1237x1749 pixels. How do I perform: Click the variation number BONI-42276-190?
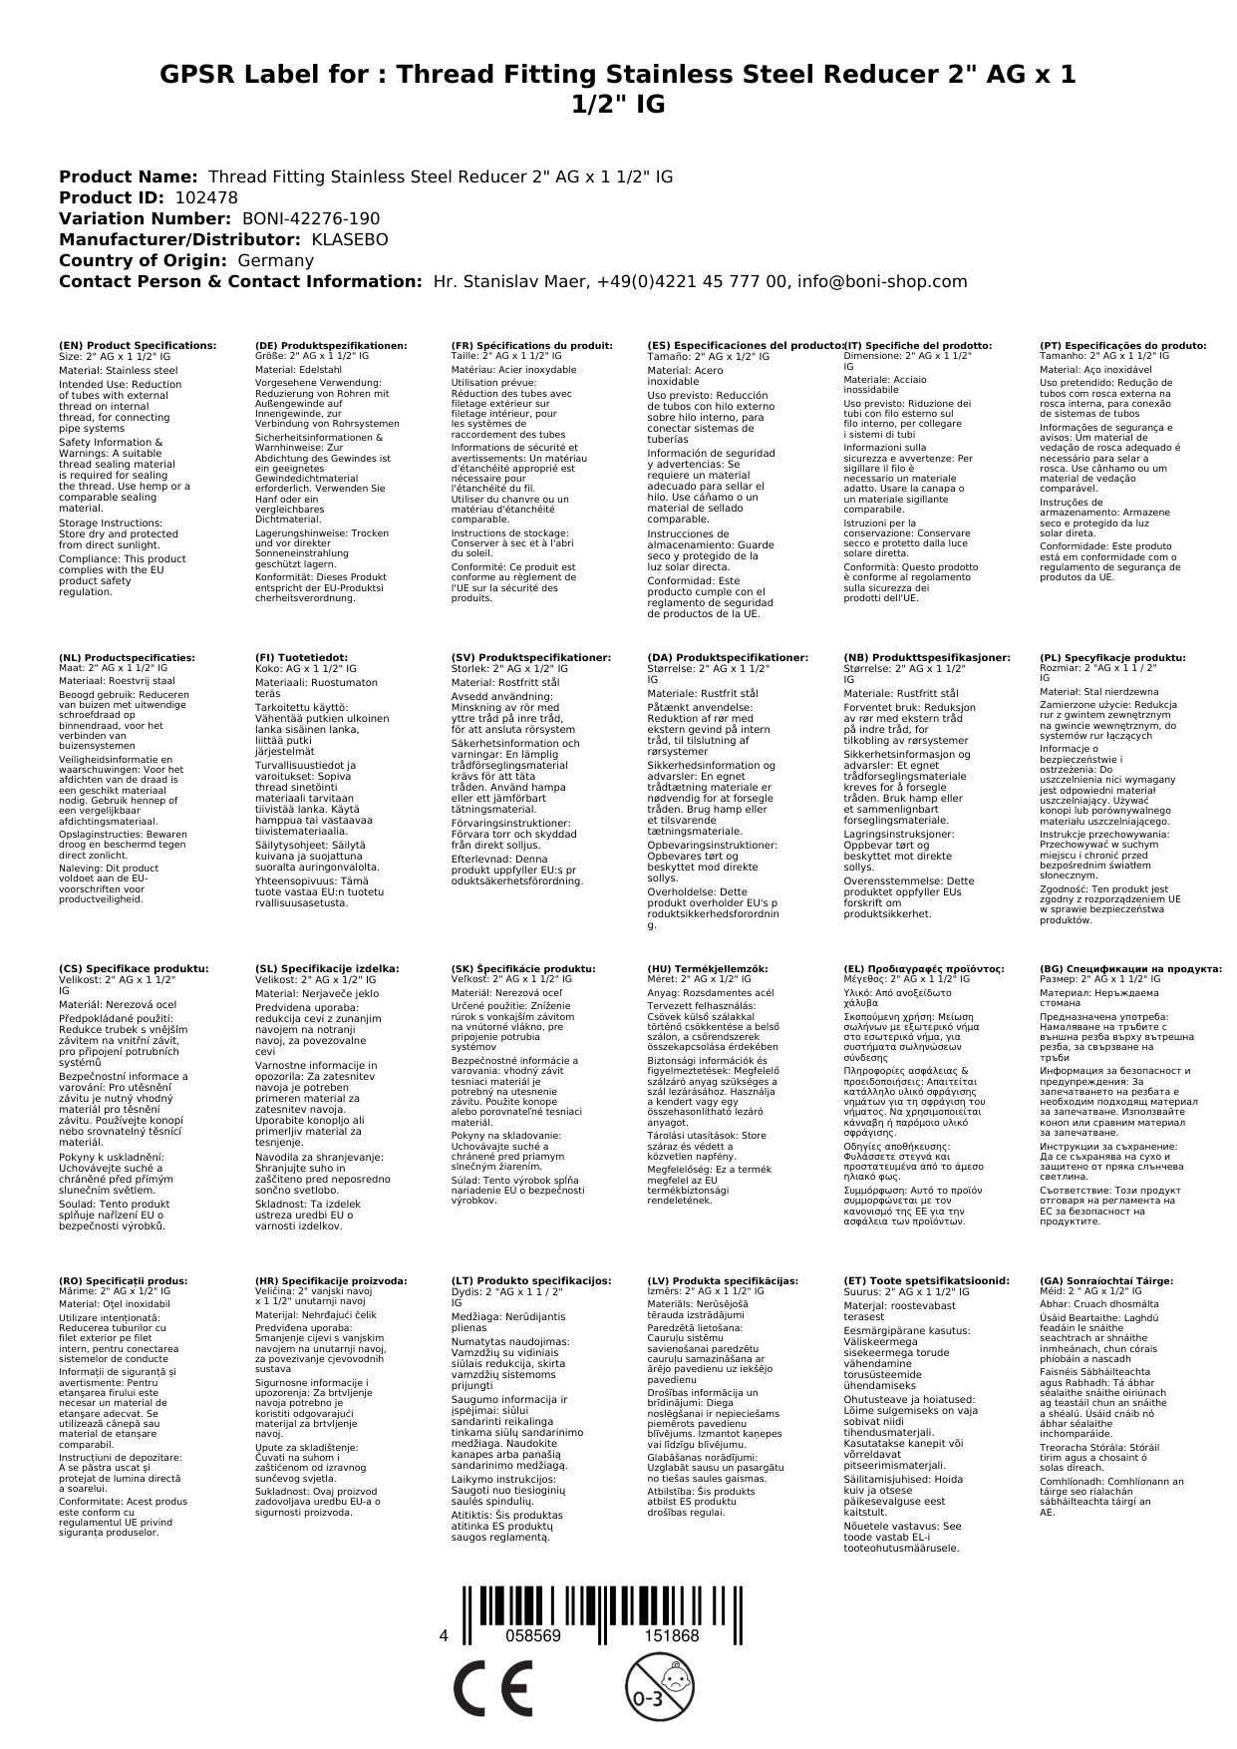click(x=311, y=218)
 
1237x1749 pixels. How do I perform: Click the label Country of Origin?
click(x=144, y=260)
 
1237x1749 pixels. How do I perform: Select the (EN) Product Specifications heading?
click(x=138, y=345)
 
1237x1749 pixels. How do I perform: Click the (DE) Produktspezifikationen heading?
click(x=331, y=345)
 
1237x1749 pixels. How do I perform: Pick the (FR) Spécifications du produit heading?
click(x=531, y=345)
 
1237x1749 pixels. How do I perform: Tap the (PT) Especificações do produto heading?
click(x=1122, y=345)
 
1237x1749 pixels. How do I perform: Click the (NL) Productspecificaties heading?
click(x=127, y=658)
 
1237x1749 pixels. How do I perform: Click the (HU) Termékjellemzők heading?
click(x=708, y=968)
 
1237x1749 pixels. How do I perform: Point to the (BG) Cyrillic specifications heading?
click(x=1130, y=968)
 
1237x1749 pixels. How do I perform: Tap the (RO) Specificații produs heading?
click(x=123, y=1280)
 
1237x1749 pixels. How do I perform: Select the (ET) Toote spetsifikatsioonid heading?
click(x=926, y=1280)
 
